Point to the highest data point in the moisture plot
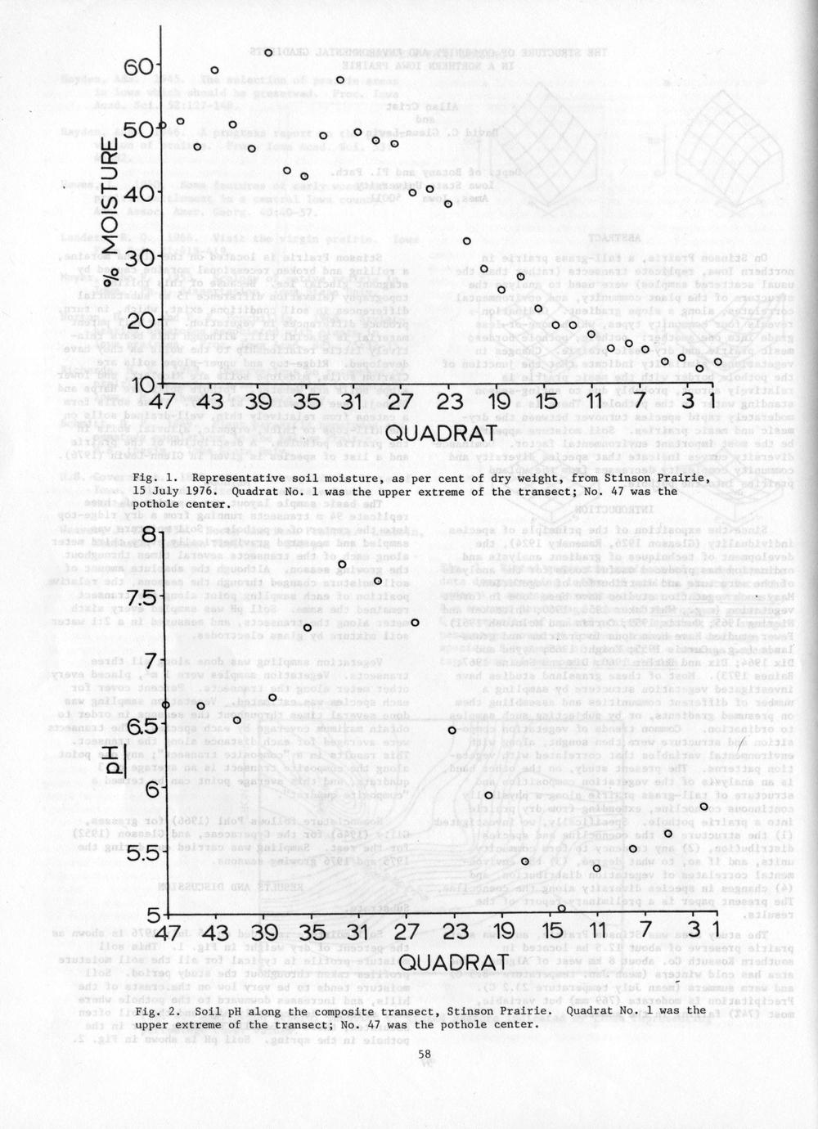click(267, 52)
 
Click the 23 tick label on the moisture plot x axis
click(448, 403)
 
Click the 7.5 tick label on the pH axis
click(140, 597)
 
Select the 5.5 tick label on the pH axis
click(141, 852)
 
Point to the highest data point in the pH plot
click(342, 564)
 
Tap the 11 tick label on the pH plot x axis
click(596, 932)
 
